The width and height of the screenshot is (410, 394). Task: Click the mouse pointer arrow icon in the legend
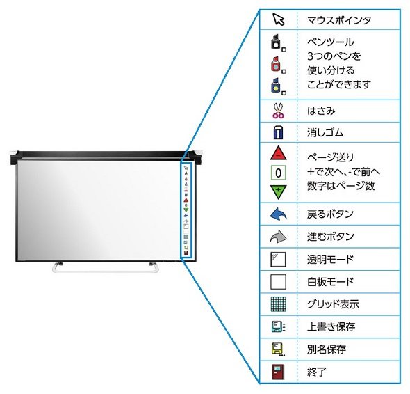point(278,19)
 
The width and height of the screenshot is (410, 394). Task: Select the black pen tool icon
point(278,42)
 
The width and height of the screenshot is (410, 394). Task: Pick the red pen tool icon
point(278,64)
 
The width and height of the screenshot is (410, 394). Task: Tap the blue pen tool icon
point(278,86)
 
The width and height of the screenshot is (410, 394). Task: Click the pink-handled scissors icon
point(278,111)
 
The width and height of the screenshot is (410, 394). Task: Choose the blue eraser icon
point(278,132)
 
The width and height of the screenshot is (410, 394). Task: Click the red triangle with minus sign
point(278,153)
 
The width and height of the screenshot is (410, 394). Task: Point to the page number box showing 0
point(278,173)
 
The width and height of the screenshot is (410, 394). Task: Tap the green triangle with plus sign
point(278,192)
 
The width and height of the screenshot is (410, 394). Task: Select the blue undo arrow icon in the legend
point(278,214)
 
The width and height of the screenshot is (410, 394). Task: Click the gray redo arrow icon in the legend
point(278,237)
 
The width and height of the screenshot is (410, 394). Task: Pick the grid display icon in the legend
point(278,304)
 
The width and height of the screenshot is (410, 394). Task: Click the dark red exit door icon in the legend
point(278,372)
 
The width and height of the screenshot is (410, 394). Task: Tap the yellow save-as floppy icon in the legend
point(278,349)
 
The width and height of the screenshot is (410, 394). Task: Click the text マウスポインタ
point(339,20)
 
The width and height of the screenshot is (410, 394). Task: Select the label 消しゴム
point(325,132)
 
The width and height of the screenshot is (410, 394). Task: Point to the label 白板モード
point(330,282)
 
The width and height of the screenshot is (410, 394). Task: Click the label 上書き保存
point(331,326)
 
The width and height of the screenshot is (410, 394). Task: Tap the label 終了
point(317,372)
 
